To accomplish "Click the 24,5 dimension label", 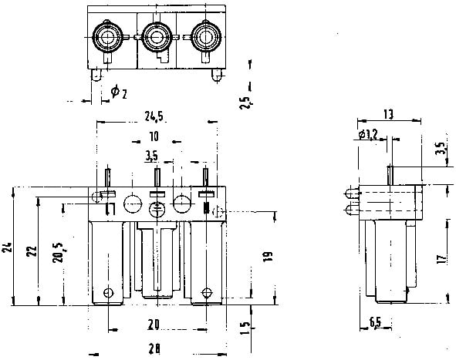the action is click(x=154, y=116).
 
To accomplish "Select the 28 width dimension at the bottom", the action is click(x=154, y=348).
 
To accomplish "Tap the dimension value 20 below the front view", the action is click(x=154, y=325).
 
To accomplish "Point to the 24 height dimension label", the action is click(x=8, y=247).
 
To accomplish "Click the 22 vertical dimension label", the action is click(x=32, y=251).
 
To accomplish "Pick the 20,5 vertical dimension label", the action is click(x=59, y=253).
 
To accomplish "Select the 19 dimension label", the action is click(x=268, y=257).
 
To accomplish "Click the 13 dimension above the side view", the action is click(x=388, y=115).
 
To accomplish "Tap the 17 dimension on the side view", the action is click(x=442, y=259).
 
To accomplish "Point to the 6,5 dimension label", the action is click(x=375, y=321).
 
